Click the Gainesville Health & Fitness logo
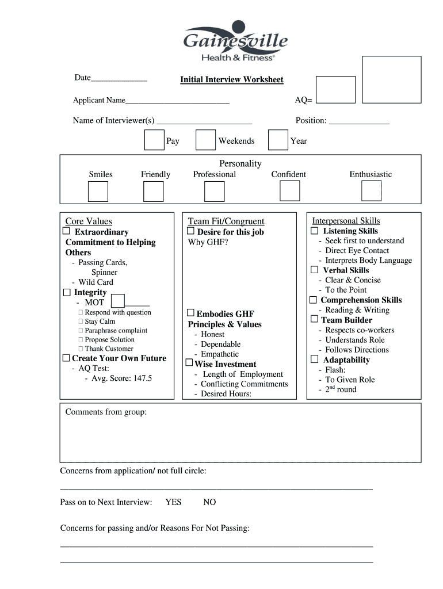[235, 41]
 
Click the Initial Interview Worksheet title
[231, 79]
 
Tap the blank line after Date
[119, 79]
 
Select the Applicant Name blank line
[177, 101]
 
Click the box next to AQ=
[336, 89]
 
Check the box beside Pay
[154, 140]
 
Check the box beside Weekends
[205, 140]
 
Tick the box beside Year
[278, 140]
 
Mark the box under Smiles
[98, 192]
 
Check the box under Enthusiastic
[371, 191]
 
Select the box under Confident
[289, 191]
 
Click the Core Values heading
[89, 221]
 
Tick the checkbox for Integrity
[66, 292]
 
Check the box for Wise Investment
[189, 364]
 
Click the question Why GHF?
[208, 242]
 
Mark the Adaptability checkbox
[314, 359]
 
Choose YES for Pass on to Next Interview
[173, 502]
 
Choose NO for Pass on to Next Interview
[209, 502]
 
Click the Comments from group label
[106, 412]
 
